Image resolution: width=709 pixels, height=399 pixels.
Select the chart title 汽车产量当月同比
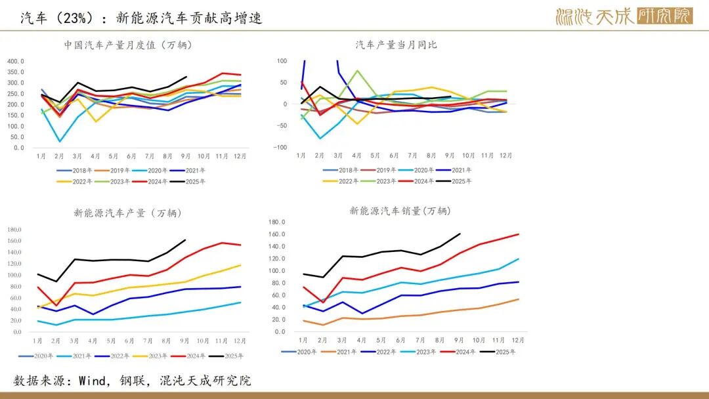396,45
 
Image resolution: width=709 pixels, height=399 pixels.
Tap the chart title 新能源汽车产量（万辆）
128,213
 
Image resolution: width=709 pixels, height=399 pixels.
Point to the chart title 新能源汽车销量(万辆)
400,211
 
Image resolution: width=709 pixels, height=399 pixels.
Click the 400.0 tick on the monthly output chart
16,62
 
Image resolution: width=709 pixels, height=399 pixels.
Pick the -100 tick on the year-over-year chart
281,148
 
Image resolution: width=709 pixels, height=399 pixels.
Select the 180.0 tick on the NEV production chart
14,230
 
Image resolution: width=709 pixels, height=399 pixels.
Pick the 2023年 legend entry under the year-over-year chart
394,180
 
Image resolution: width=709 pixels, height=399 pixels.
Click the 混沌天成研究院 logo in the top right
624,16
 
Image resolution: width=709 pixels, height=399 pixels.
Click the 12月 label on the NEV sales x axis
518,340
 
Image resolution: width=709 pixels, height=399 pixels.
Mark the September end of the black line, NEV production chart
185,240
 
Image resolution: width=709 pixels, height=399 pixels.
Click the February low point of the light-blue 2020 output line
60,141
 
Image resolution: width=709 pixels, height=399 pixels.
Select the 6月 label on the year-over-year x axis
394,156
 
